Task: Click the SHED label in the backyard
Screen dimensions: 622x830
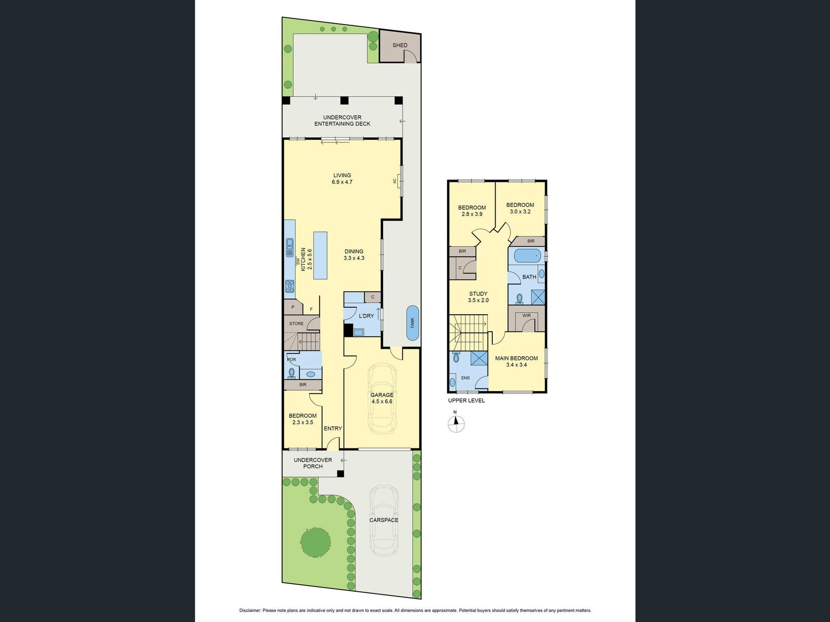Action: pos(400,45)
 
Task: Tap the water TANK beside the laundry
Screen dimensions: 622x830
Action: pos(412,323)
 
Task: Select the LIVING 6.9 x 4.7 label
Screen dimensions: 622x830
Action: pos(342,179)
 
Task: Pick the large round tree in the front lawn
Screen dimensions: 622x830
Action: pos(315,542)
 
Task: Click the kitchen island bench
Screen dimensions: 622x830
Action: pos(320,255)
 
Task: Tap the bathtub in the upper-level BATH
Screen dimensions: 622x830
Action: pos(527,255)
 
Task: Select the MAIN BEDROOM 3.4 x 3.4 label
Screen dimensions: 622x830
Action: pos(516,361)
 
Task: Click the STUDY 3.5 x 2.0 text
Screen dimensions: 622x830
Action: pos(478,297)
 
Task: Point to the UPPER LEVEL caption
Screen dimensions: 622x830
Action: pos(466,400)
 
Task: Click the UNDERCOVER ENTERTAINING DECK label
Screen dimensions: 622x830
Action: pos(342,120)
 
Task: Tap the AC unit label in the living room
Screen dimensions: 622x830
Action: pos(395,181)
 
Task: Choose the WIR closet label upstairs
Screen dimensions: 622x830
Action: pos(526,315)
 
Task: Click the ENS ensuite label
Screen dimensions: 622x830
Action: pos(465,378)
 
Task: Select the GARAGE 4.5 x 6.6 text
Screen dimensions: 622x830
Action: pos(382,398)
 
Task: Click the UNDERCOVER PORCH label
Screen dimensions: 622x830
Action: pos(313,463)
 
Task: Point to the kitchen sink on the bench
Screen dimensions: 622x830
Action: pos(289,247)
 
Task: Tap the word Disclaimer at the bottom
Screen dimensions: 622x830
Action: pos(250,610)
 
